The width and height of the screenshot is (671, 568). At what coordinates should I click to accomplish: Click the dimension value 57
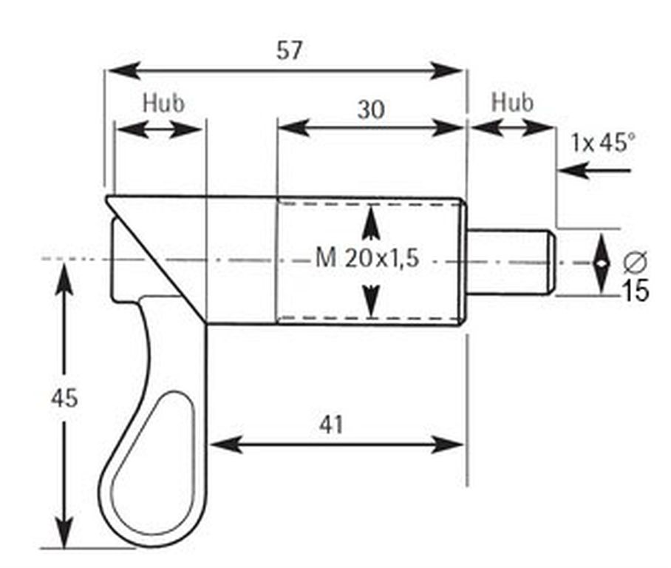tap(289, 50)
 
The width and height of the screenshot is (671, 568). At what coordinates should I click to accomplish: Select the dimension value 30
tap(371, 109)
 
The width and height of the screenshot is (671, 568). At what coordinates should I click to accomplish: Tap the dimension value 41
tap(331, 425)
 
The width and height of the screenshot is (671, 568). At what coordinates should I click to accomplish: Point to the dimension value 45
tap(64, 399)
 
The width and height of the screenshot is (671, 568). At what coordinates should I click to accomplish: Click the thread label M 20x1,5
tap(367, 258)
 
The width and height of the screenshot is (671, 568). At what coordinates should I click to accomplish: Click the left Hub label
tap(163, 104)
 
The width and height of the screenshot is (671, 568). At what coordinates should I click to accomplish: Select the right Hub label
tap(512, 103)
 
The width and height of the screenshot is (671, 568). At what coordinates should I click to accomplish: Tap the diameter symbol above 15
tap(635, 262)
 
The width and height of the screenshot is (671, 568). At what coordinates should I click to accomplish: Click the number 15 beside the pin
tap(635, 291)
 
